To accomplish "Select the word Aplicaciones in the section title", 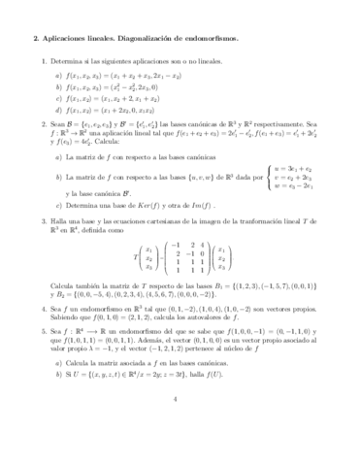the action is pos(70,40).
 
